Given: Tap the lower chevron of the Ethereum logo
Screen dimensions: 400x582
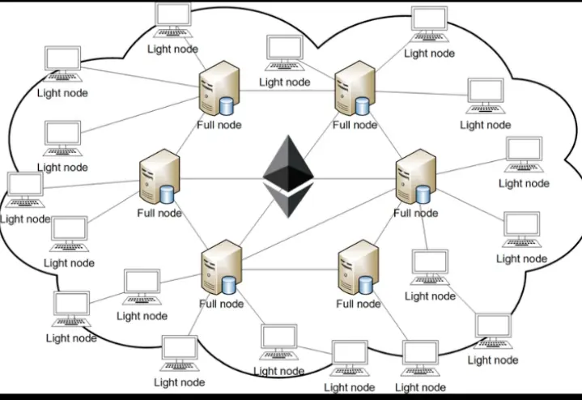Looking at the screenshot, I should pos(288,202).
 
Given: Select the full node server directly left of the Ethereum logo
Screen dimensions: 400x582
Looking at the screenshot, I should pos(158,178).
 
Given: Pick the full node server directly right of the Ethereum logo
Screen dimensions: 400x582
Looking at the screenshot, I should pos(416,176).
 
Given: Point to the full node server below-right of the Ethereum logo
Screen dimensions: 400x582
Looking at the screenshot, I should pos(358,269).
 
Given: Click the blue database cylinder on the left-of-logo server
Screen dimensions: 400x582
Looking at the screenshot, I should pos(168,194).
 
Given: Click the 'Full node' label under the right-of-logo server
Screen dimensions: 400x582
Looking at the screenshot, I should pos(416,213).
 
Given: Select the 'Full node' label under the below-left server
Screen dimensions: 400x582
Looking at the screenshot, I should pos(221,304).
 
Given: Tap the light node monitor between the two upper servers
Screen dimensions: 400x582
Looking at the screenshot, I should pos(284,52).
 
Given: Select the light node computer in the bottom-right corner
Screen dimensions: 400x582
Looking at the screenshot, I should pos(492,331).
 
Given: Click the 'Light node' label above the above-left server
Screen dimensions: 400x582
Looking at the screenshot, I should pos(172,49).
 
